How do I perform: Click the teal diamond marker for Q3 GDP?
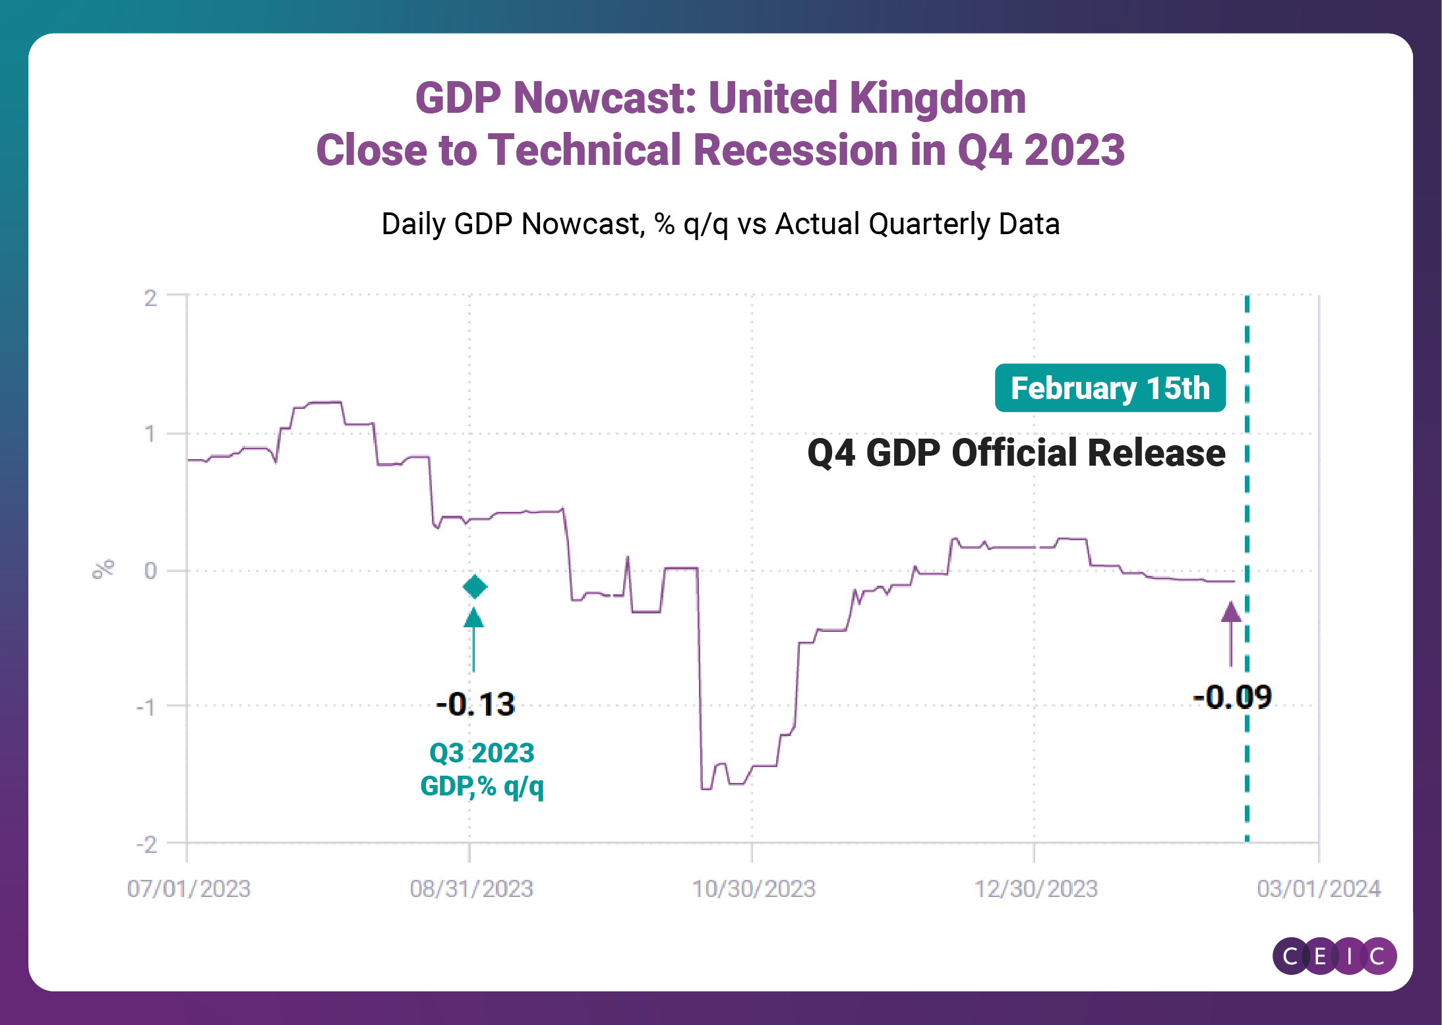click(x=475, y=586)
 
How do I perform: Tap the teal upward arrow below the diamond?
click(x=473, y=637)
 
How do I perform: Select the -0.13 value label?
click(x=475, y=704)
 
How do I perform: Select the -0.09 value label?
click(x=1232, y=697)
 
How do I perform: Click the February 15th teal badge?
click(x=1110, y=388)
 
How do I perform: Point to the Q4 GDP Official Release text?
click(x=1016, y=453)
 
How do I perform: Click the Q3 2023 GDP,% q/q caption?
click(x=482, y=769)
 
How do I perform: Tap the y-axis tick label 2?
click(x=151, y=298)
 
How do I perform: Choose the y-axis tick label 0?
click(x=151, y=571)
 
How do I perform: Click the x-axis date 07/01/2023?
click(x=189, y=888)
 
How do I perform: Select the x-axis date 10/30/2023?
click(x=754, y=888)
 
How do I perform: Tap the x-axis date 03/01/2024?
click(x=1319, y=888)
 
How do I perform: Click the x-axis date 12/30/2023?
click(x=1036, y=888)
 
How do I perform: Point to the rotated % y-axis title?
click(x=104, y=569)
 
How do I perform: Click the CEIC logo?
click(x=1334, y=956)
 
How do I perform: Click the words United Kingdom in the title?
click(x=867, y=98)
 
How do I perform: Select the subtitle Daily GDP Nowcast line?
click(x=720, y=224)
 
